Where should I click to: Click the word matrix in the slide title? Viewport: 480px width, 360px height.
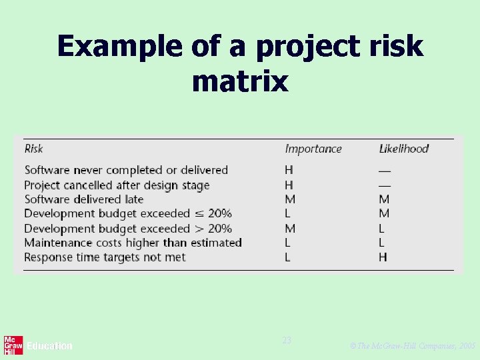point(240,81)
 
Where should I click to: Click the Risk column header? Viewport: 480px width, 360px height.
point(34,149)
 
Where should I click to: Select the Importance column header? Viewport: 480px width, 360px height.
point(313,149)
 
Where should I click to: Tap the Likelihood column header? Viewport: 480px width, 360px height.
point(403,149)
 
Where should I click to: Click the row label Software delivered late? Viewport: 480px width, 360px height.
point(84,199)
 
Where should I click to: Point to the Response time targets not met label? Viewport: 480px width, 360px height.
point(105,257)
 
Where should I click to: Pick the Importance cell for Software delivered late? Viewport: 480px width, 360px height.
point(289,199)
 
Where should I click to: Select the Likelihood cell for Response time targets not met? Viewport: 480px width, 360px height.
point(383,257)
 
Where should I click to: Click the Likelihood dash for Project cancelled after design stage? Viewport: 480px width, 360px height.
point(384,185)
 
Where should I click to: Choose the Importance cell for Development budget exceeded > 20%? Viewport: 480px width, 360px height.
point(289,229)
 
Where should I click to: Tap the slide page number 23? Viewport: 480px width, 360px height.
point(287,341)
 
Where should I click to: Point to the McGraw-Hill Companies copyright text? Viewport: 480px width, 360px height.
point(413,347)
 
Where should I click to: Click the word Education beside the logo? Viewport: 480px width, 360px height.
point(49,346)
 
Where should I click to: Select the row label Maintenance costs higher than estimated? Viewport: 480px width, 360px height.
point(133,243)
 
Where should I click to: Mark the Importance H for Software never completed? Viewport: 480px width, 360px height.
point(289,171)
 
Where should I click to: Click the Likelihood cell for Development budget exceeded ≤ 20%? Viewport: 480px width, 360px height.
point(384,214)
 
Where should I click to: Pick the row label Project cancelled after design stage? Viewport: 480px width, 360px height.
point(117,185)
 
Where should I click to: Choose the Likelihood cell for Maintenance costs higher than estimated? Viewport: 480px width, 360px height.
point(383,243)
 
